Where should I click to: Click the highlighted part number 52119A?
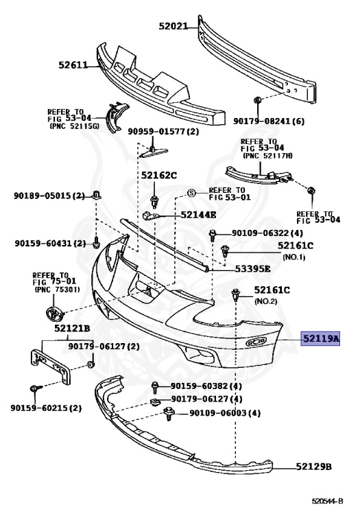(320, 338)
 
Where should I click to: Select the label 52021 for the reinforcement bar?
(173, 26)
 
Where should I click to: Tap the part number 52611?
(73, 65)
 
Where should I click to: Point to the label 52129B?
(313, 467)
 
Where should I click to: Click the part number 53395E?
(252, 268)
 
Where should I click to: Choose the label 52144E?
(198, 214)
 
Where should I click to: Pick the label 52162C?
(159, 175)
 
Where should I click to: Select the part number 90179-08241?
(263, 121)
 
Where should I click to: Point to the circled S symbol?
(191, 194)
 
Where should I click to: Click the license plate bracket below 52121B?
(50, 365)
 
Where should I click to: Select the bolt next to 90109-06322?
(213, 235)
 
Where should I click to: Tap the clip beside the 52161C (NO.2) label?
(236, 294)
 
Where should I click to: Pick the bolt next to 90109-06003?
(168, 413)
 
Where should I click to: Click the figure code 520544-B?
(327, 501)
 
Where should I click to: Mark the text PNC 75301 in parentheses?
(57, 290)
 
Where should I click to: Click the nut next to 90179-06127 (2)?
(91, 364)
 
